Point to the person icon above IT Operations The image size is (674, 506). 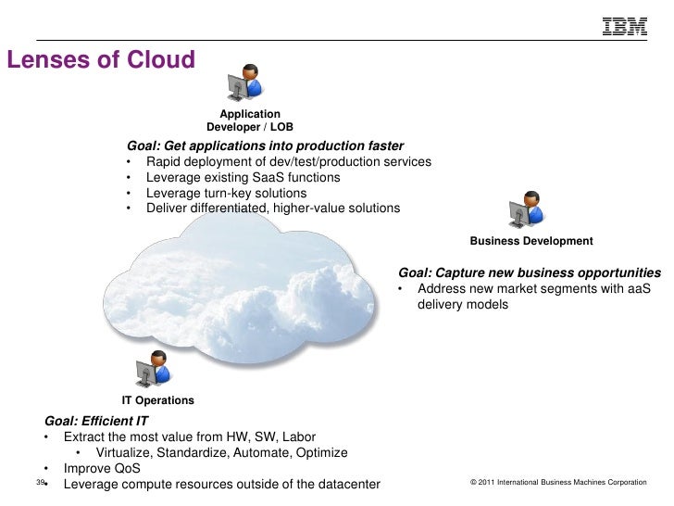(153, 369)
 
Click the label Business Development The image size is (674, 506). (531, 241)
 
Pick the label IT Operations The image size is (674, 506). (158, 400)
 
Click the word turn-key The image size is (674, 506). (227, 193)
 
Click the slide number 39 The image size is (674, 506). (40, 483)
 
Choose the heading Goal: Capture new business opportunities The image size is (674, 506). (529, 273)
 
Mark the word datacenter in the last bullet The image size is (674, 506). (341, 484)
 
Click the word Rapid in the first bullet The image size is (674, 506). (165, 162)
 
